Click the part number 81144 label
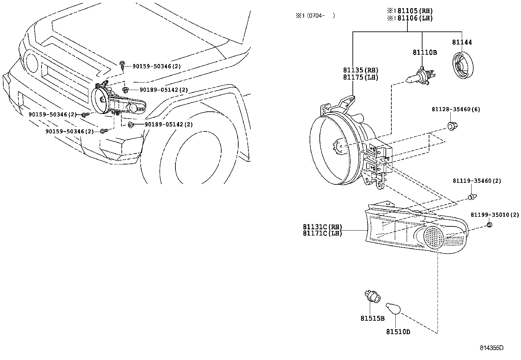(462, 42)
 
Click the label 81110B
(424, 52)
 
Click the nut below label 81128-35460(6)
(452, 125)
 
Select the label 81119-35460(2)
(477, 181)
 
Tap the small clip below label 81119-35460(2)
(472, 197)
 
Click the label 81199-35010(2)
(495, 215)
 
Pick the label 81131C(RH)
(322, 227)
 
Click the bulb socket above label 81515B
(372, 297)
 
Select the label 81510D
(398, 332)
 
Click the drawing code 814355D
(492, 348)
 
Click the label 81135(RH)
(361, 70)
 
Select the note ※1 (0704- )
(315, 16)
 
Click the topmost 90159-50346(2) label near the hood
(156, 66)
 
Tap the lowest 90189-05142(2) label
(169, 124)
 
